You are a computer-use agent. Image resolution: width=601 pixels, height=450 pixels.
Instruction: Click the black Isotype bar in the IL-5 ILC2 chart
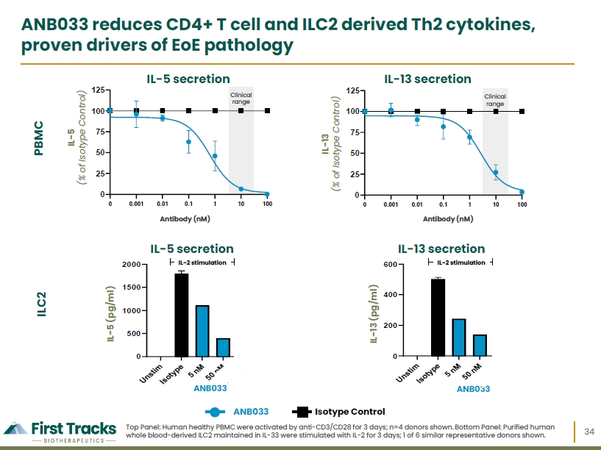pos(181,315)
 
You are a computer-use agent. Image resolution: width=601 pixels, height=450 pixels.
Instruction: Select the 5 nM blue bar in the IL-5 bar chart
pos(202,331)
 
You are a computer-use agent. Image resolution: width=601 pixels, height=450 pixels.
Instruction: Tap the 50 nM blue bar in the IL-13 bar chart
pos(480,346)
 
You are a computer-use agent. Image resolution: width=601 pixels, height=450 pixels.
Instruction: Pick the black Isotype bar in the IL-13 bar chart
pos(438,318)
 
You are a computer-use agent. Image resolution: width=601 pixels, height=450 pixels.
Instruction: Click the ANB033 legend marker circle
pos(215,412)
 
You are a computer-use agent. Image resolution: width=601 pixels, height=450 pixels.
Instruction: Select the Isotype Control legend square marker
pos(302,412)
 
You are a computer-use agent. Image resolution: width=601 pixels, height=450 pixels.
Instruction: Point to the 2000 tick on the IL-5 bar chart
pos(132,265)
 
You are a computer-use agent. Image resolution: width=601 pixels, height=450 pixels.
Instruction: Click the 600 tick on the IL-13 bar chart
pos(390,265)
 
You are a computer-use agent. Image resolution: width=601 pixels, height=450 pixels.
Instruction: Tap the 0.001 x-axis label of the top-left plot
pos(136,204)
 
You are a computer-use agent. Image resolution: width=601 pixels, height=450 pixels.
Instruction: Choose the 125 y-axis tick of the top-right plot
pos(352,90)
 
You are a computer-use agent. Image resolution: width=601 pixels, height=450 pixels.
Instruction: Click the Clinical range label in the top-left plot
pos(241,99)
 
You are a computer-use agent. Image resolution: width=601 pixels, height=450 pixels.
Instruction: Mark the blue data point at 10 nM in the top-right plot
pos(496,173)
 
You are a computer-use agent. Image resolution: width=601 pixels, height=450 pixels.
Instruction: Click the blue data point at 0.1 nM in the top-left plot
pos(188,142)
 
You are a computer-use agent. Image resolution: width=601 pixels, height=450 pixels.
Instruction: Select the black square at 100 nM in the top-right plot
pos(522,112)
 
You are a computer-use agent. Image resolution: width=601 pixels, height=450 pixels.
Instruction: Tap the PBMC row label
pos(39,138)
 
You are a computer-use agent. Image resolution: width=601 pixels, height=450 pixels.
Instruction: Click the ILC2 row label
pos(42,304)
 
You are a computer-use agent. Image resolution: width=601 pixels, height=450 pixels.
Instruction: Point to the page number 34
pos(589,432)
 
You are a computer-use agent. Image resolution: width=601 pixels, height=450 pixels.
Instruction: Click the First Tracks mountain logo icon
pos(16,429)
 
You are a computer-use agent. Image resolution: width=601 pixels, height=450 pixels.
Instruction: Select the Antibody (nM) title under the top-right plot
pos(448,219)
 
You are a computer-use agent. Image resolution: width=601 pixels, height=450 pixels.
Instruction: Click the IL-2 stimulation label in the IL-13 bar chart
pos(461,262)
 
